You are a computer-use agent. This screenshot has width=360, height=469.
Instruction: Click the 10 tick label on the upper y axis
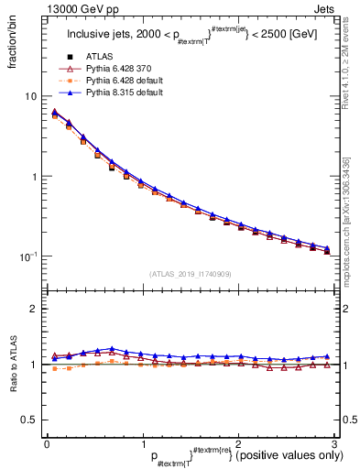click(x=30, y=96)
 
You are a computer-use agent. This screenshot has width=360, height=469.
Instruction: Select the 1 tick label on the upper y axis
click(x=33, y=176)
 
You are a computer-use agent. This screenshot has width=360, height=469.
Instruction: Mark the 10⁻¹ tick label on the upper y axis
click(x=28, y=256)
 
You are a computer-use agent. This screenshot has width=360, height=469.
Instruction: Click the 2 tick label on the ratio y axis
click(x=33, y=310)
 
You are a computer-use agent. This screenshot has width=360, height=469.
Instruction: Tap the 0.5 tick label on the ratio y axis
click(x=29, y=420)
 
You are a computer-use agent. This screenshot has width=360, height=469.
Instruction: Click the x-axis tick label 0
click(x=47, y=442)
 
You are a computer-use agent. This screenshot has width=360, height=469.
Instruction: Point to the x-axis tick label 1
click(x=142, y=442)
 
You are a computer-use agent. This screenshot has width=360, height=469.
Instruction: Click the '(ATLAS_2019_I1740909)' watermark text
click(x=190, y=274)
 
